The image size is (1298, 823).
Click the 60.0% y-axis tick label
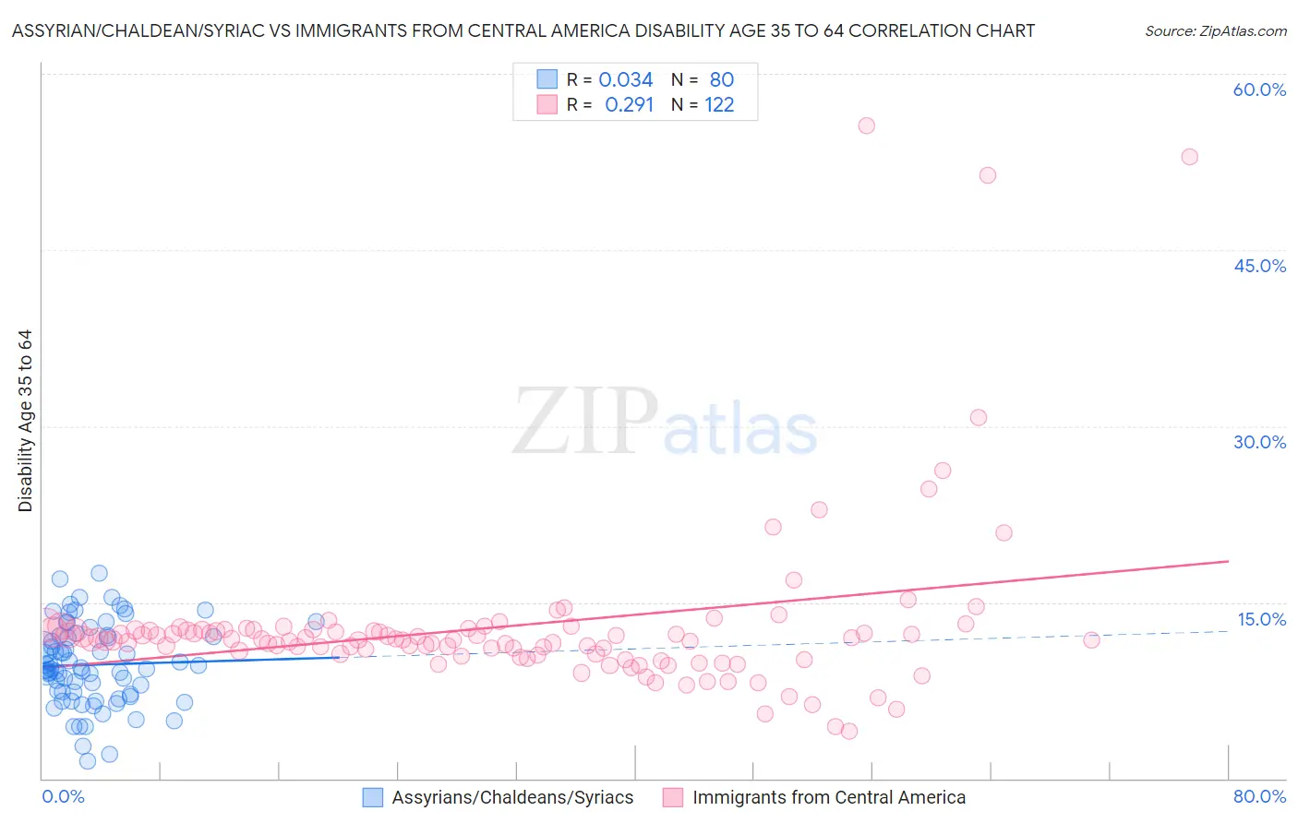click(x=1259, y=89)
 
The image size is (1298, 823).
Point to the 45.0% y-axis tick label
click(x=1259, y=266)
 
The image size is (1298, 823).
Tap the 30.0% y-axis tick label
click(x=1259, y=442)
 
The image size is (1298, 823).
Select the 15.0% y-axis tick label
click(x=1261, y=619)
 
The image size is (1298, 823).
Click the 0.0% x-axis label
click(x=63, y=797)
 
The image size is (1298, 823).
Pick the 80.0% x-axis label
click(x=1259, y=797)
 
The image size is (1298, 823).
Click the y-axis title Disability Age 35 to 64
click(x=25, y=421)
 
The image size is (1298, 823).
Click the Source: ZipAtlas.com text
click(x=1215, y=30)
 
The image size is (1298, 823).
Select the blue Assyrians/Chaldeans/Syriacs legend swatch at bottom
click(x=373, y=798)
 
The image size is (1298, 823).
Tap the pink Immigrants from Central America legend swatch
click(x=673, y=798)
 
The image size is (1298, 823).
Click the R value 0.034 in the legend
click(x=626, y=80)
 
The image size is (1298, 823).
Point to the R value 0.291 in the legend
click(x=629, y=105)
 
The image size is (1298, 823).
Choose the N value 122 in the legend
click(x=719, y=105)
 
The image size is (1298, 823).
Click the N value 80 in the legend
click(x=721, y=80)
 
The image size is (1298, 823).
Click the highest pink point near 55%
click(x=866, y=125)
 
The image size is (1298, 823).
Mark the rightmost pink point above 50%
click(x=1190, y=157)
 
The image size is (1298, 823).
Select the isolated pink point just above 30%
click(x=979, y=418)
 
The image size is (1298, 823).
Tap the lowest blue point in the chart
click(x=88, y=761)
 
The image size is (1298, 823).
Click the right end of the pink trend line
click(x=1228, y=561)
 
